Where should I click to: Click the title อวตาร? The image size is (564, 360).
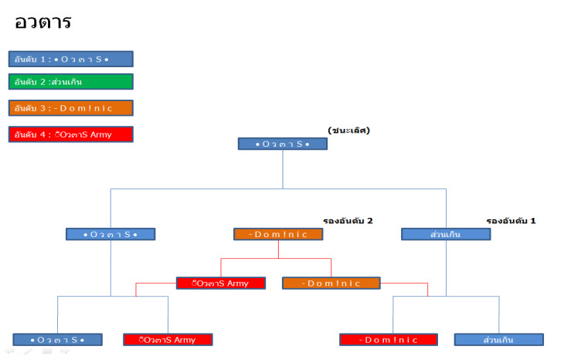42,22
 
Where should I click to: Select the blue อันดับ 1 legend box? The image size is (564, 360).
71,59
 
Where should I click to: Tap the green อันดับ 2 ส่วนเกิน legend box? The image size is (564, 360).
71,82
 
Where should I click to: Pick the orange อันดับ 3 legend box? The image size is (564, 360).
71,108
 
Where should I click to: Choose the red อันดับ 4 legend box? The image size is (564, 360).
71,134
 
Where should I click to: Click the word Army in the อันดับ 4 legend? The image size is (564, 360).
101,135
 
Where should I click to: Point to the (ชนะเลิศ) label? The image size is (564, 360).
349,131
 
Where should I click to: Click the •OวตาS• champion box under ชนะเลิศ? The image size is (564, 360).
283,144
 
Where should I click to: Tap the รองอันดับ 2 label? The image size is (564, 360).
348,221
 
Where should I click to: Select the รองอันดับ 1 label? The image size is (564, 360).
511,221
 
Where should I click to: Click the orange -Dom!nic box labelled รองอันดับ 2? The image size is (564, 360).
278,234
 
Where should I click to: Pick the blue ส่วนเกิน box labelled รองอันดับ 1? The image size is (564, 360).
446,234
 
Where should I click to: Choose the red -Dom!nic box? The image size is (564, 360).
389,339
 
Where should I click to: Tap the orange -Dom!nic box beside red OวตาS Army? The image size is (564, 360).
331,283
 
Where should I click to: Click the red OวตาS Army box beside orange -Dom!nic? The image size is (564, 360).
221,283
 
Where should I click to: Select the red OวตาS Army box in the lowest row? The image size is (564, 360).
168,339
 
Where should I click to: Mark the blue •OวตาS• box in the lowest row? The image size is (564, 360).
57,339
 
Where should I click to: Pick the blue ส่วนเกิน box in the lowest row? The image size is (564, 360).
499,339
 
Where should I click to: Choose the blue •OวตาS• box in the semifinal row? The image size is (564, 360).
110,234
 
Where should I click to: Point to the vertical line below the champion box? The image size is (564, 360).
283,169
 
